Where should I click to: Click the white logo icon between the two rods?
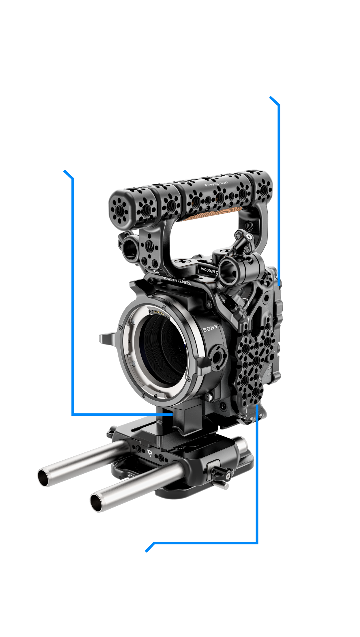pyautogui.click(x=149, y=453)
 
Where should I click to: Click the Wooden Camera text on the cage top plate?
pyautogui.click(x=177, y=281)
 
